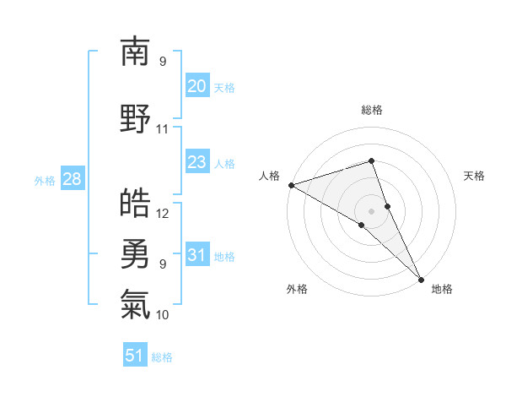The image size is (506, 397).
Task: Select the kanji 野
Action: pos(135,117)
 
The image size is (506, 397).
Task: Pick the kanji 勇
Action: pos(135,252)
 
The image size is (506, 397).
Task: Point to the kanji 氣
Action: pos(135,302)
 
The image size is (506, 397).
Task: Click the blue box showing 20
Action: pos(197,86)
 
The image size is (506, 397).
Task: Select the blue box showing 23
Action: pos(197,162)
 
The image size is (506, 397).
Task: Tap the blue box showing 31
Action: pos(197,256)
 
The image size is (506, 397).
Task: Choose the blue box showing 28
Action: pos(72,180)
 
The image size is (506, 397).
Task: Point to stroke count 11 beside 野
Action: pos(163,129)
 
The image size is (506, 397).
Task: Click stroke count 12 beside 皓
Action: pos(163,214)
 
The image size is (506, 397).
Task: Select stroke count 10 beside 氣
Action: pos(163,315)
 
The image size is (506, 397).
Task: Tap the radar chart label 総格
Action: pos(371,110)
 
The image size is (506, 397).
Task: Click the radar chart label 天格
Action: pos(474,176)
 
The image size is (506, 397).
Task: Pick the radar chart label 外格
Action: pos(297,289)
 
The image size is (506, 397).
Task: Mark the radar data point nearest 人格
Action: pos(291,184)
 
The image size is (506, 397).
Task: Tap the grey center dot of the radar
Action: pos(371,210)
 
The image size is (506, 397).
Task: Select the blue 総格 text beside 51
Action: pos(162,357)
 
